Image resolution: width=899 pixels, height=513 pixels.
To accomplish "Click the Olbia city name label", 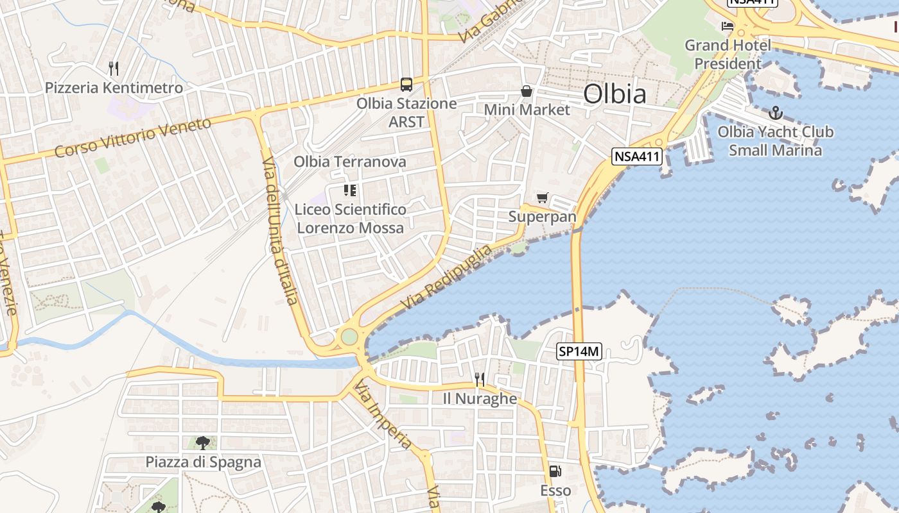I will point(615,94).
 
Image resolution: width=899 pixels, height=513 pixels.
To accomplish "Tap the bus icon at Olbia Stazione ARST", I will point(406,84).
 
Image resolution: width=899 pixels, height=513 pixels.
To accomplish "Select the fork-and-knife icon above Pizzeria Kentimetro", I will point(114,68).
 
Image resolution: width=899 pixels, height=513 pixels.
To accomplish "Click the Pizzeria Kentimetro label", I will point(114,88).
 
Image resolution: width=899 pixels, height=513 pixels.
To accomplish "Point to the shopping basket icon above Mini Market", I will point(527,91).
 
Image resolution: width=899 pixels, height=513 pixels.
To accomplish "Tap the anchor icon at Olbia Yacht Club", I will point(776,113).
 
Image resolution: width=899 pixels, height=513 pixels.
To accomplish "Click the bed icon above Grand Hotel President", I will point(728,26).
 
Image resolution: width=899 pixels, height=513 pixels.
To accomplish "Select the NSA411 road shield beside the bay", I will point(636,156).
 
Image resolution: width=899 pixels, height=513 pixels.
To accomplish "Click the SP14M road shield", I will point(579,351).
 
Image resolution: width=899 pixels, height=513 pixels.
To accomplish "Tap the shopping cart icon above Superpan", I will point(543,198).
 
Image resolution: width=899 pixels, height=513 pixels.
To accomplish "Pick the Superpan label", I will point(543,217).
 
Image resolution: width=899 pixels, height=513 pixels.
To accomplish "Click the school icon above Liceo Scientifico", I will point(350,190).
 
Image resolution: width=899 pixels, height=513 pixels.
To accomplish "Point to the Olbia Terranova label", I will point(350,162).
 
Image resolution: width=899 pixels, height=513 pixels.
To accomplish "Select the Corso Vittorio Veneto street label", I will point(133,137).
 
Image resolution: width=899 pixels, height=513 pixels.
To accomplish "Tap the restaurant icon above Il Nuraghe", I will point(480,379).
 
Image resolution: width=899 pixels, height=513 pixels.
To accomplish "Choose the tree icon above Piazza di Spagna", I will point(203,442).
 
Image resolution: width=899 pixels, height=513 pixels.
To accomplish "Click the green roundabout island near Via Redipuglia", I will point(349,337).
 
